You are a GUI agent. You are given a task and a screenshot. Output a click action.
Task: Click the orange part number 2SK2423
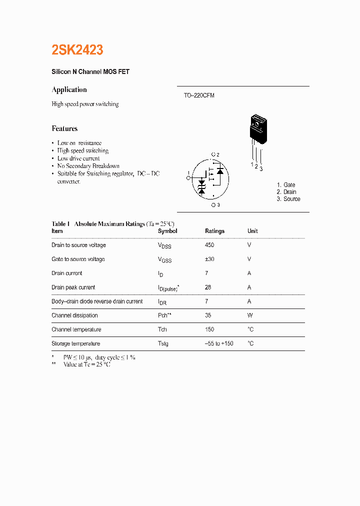tap(77, 50)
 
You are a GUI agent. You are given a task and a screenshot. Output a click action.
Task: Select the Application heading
tap(69, 90)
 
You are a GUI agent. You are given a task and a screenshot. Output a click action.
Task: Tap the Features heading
tap(64, 128)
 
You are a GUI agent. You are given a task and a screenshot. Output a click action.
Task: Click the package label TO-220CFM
tap(199, 95)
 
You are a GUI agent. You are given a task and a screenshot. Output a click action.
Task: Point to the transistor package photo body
tap(258, 128)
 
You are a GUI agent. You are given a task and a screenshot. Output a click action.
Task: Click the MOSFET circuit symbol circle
tap(210, 178)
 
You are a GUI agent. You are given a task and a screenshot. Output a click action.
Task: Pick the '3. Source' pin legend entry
tap(288, 199)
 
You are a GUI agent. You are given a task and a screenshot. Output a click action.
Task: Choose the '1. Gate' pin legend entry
tap(286, 185)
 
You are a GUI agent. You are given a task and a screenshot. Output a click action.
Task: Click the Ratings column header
tap(214, 231)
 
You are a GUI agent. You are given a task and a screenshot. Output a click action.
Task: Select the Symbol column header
tap(167, 231)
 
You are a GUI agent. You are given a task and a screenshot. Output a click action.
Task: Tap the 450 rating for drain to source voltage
tap(209, 245)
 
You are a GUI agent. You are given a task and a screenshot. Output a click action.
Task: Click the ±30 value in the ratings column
tap(210, 259)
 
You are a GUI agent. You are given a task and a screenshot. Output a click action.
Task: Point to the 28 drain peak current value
tap(208, 287)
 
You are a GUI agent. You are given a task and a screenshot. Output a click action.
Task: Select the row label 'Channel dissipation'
tap(74, 315)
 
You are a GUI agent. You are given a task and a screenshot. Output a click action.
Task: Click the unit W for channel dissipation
tap(250, 315)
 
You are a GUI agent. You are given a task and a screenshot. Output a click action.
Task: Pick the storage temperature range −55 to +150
tap(219, 343)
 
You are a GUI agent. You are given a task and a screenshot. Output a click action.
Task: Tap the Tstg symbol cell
tap(163, 344)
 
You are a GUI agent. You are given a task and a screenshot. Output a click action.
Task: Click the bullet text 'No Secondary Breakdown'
tap(88, 166)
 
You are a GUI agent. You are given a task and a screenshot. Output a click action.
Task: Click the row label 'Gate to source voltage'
tap(78, 259)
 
